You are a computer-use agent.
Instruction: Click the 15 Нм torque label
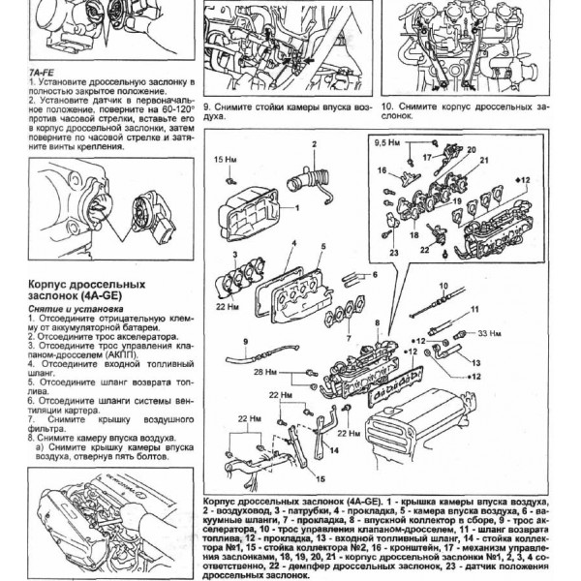[224, 158]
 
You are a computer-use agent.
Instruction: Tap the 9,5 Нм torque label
[385, 143]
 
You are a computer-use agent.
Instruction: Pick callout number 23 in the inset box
[394, 254]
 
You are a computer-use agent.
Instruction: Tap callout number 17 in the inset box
[426, 155]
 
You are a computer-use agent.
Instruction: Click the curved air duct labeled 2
[310, 179]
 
